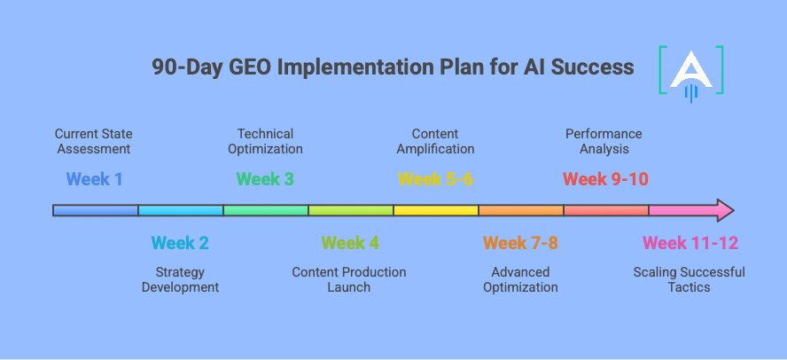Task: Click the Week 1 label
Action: click(x=95, y=179)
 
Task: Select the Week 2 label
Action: click(x=180, y=243)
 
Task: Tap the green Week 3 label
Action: click(x=265, y=179)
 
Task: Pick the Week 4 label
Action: click(x=350, y=243)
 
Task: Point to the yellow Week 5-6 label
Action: click(x=435, y=179)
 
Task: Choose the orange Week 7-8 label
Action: click(x=520, y=243)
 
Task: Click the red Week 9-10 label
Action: click(x=605, y=179)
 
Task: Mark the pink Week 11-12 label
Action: click(x=690, y=243)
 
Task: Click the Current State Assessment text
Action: click(x=94, y=141)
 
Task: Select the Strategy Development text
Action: click(x=180, y=279)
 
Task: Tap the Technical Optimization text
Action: click(x=265, y=141)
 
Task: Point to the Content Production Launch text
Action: click(x=349, y=279)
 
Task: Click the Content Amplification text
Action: click(x=435, y=141)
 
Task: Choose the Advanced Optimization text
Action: click(x=520, y=279)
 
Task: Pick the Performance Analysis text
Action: click(x=604, y=141)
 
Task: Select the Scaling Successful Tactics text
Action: click(x=689, y=279)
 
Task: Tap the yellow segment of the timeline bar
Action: click(x=435, y=211)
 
